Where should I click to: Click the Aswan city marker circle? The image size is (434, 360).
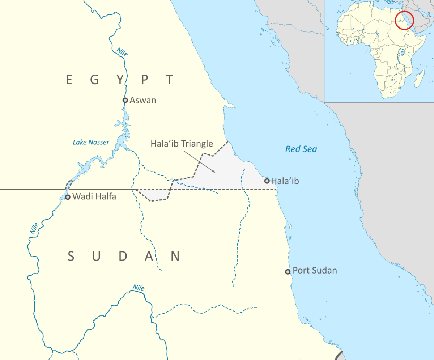click(125, 100)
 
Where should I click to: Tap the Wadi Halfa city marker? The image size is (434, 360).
click(68, 197)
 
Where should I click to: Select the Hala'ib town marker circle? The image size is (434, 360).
click(267, 181)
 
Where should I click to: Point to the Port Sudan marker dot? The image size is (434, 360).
click(288, 271)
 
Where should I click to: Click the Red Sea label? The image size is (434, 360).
click(301, 149)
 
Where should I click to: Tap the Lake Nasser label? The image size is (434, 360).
click(91, 142)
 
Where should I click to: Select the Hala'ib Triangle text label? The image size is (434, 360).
click(182, 144)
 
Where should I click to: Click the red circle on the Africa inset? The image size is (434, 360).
click(404, 20)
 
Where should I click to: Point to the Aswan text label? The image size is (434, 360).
click(143, 100)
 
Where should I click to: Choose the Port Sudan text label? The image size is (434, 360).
click(315, 270)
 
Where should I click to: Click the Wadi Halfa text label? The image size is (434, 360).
click(94, 197)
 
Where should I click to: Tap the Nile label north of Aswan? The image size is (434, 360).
click(122, 52)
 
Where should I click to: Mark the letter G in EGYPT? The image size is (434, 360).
click(95, 79)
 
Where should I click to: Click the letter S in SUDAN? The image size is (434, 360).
click(71, 256)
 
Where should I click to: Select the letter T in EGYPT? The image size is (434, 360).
click(169, 79)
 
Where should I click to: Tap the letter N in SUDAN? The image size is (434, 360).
click(175, 256)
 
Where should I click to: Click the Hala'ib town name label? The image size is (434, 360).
click(285, 181)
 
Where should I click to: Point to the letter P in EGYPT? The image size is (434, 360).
click(145, 79)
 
